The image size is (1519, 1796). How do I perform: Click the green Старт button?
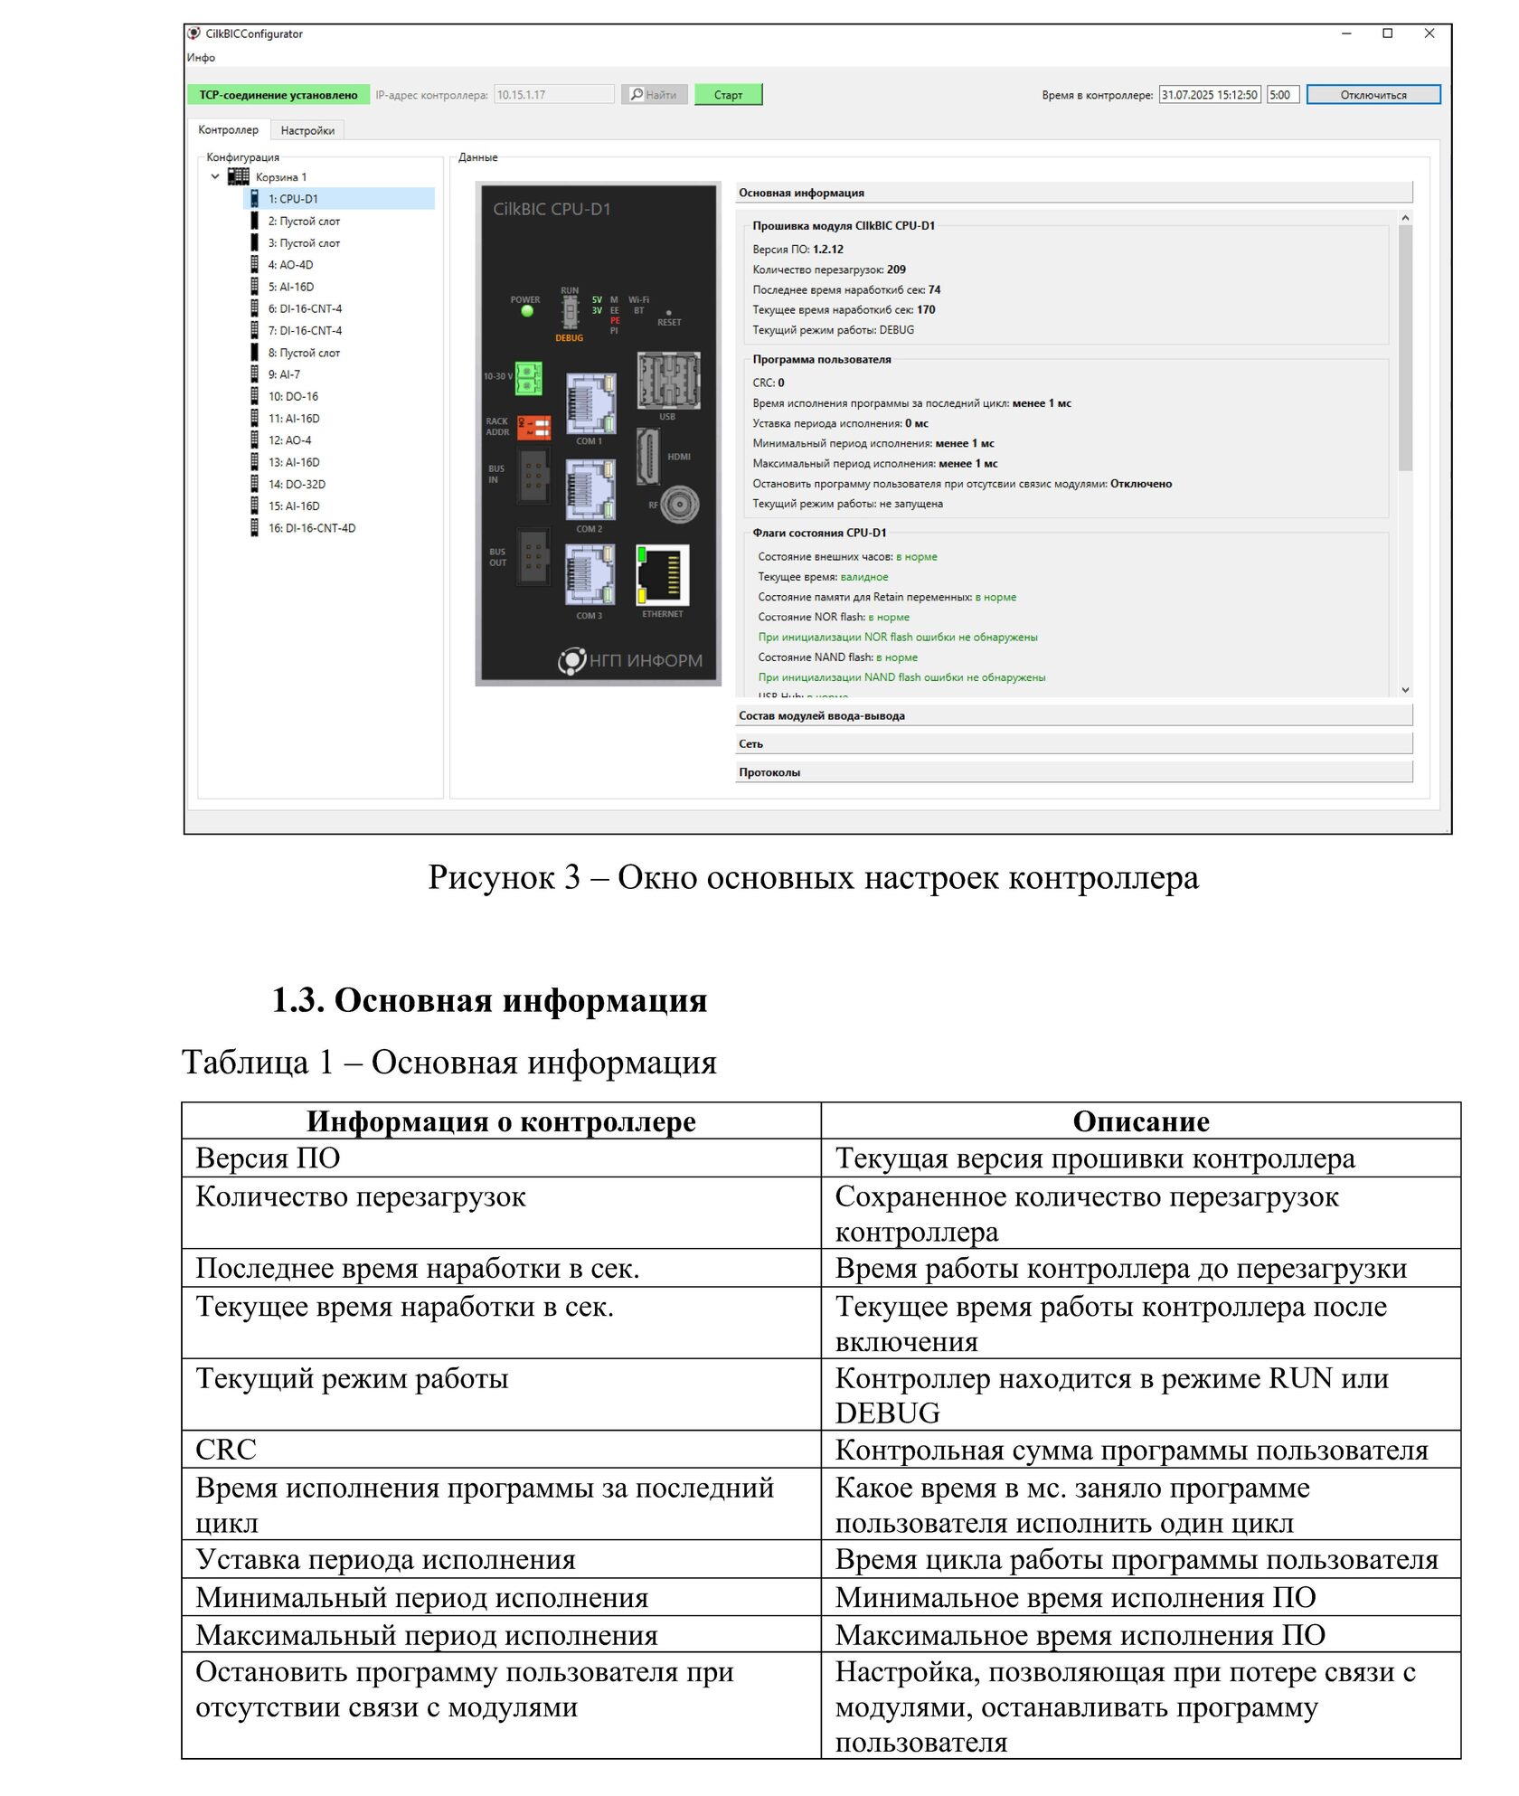tap(728, 95)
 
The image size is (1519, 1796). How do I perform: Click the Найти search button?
tap(654, 95)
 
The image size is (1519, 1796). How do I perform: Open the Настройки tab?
tap(307, 131)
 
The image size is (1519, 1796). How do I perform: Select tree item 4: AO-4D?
tap(290, 265)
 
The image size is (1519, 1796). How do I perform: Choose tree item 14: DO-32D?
tap(297, 485)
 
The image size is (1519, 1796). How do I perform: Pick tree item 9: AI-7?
tap(284, 374)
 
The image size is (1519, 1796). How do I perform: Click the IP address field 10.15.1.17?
tap(553, 95)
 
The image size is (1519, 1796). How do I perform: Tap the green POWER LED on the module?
tap(527, 311)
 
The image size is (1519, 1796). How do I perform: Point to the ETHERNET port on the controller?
tap(664, 575)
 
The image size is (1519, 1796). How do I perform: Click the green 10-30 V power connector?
tap(529, 378)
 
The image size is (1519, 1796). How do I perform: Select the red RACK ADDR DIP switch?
tap(533, 427)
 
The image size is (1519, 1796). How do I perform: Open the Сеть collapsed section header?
tap(1073, 743)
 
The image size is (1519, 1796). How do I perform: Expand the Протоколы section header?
tap(1073, 772)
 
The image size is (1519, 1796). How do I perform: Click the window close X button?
tap(1429, 34)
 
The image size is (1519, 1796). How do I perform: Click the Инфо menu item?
tap(202, 58)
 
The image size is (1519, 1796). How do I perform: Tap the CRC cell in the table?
tap(501, 1450)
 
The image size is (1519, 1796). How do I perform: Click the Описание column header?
tap(1140, 1121)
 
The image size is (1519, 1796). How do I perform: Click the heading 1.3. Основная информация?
tap(489, 1000)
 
